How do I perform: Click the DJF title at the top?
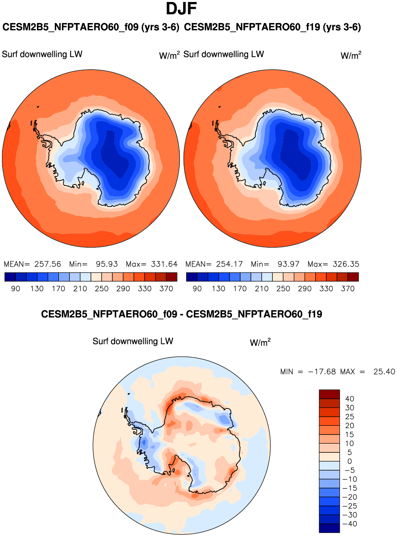click(181, 9)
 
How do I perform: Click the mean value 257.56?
click(48, 264)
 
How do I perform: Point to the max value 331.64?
click(164, 264)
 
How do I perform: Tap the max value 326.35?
click(346, 264)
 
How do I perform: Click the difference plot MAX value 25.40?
click(384, 372)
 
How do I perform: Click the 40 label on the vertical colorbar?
click(350, 399)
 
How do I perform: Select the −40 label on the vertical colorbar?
click(349, 524)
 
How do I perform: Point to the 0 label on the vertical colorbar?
click(350, 462)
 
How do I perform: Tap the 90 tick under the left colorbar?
click(15, 289)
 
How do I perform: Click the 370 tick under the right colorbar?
click(348, 289)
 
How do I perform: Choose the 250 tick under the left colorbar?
click(102, 289)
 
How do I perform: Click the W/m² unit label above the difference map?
click(260, 342)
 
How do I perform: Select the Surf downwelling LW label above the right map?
click(224, 54)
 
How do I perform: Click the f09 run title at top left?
click(91, 27)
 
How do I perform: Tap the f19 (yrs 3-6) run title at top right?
click(272, 27)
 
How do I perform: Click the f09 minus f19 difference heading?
click(181, 315)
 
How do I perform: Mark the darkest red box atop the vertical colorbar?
click(330, 394)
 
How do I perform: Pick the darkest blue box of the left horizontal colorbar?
click(10, 277)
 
